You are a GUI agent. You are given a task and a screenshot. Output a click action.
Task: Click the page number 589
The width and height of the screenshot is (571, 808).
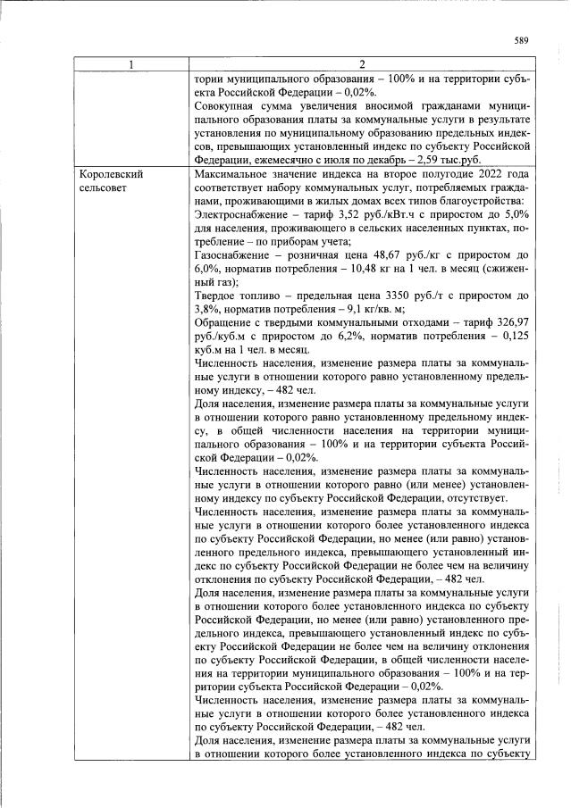tap(523, 39)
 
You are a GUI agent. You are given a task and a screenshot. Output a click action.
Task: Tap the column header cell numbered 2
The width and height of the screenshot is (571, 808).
tap(361, 64)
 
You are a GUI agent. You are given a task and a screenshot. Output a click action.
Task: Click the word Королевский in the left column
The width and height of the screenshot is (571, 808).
tap(112, 174)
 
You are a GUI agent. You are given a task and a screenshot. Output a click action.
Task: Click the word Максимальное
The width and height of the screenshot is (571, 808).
tap(233, 174)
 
